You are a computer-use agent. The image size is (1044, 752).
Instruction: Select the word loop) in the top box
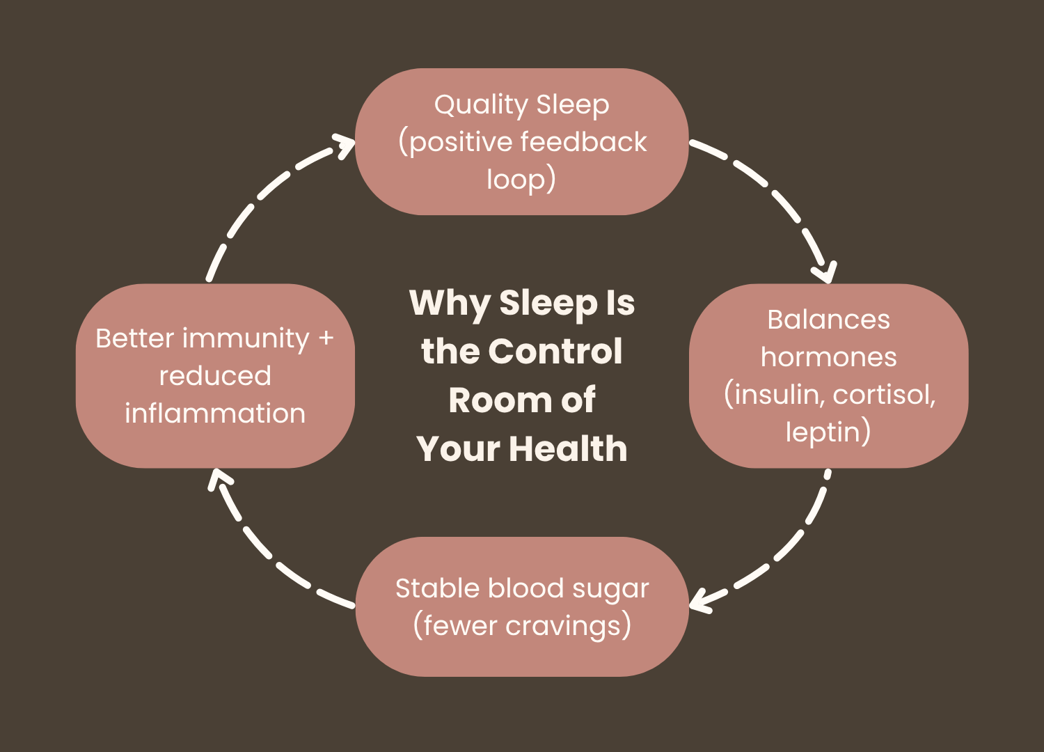point(521,180)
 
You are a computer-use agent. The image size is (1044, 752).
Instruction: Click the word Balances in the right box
point(828,320)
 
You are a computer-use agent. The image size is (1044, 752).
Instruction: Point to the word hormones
point(828,357)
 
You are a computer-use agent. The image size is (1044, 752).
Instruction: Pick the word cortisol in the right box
point(883,395)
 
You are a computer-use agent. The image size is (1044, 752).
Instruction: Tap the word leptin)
point(828,432)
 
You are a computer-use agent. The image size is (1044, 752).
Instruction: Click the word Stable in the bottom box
point(437,588)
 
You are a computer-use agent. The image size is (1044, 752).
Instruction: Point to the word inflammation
point(215,414)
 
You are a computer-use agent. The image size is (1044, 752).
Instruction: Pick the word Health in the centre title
point(568,449)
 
